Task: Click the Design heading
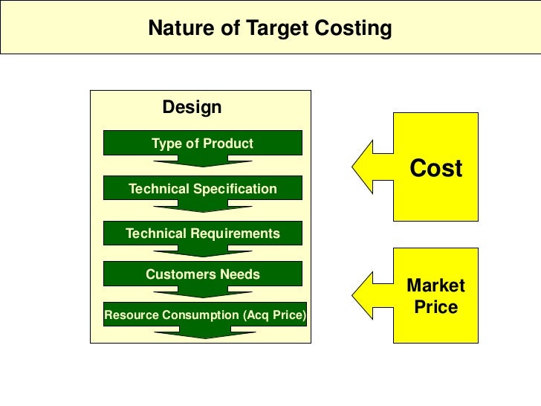192,107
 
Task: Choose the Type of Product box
202,143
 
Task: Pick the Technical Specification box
202,188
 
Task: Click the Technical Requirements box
202,233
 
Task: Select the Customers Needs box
202,274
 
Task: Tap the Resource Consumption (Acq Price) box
204,315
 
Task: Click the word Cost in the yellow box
436,168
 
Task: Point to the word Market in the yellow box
435,286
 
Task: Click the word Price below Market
435,306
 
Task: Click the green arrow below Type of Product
202,161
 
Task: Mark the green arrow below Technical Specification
202,206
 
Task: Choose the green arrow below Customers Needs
202,291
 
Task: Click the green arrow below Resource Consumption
202,332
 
